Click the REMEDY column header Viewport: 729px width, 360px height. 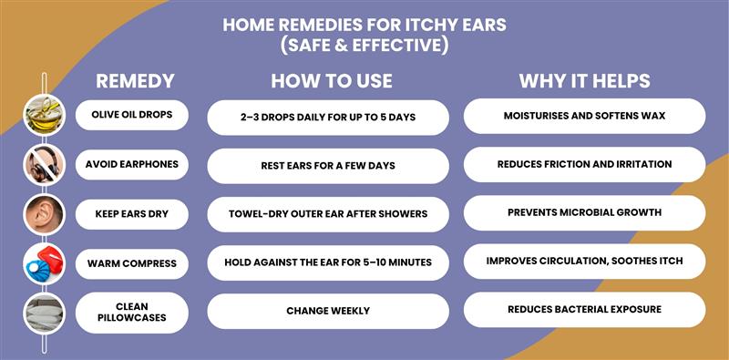click(134, 81)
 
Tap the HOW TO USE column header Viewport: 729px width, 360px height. click(331, 81)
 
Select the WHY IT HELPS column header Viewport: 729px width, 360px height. click(584, 81)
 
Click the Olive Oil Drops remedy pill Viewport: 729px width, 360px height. click(131, 115)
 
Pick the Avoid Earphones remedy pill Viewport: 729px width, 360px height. click(131, 164)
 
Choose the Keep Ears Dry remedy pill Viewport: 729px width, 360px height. click(131, 214)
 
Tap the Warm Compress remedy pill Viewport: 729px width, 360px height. click(131, 264)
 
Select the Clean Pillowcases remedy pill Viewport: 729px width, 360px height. click(131, 313)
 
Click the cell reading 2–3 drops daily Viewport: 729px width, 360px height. click(328, 118)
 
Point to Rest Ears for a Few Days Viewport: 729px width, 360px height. click(328, 166)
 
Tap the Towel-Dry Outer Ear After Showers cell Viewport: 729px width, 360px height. click(328, 214)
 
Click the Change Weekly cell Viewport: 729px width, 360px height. click(328, 311)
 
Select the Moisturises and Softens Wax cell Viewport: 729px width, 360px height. click(584, 116)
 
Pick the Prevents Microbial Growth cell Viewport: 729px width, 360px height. click(584, 212)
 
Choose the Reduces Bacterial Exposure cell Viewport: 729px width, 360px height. click(584, 309)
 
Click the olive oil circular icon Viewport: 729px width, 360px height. click(44, 115)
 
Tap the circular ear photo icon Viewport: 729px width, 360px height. click(44, 214)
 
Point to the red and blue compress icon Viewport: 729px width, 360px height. click(44, 264)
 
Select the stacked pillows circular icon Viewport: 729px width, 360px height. click(44, 313)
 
